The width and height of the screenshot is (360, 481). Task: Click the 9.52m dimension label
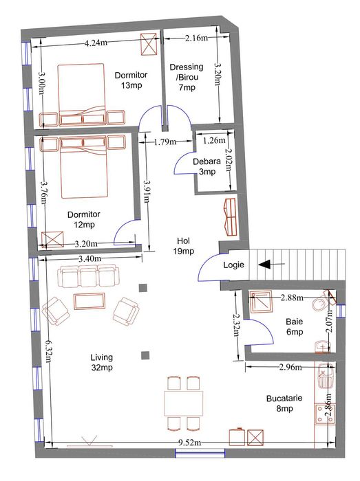coord(190,443)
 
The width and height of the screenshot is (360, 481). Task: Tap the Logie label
coord(234,265)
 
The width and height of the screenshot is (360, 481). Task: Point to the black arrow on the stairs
coord(271,264)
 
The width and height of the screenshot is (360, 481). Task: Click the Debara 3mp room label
coord(207,166)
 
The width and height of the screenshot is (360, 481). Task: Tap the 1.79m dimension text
coord(165,142)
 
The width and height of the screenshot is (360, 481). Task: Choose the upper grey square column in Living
coord(143,288)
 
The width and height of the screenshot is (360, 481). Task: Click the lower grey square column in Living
coord(145,355)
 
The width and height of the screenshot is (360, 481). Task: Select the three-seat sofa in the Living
coord(89,276)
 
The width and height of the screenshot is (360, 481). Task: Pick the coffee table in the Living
coord(89,301)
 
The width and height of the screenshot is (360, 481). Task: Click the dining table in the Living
coord(184,403)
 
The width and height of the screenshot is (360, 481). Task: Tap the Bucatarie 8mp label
coord(284,403)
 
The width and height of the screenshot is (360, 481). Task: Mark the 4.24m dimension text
coord(96,43)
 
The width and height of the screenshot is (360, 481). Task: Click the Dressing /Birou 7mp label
coord(187,77)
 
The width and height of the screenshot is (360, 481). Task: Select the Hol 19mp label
coord(184,246)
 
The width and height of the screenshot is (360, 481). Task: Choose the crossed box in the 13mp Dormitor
coord(149,44)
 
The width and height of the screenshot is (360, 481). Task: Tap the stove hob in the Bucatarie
coord(325,414)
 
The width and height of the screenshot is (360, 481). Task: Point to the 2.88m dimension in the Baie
coord(292,298)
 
